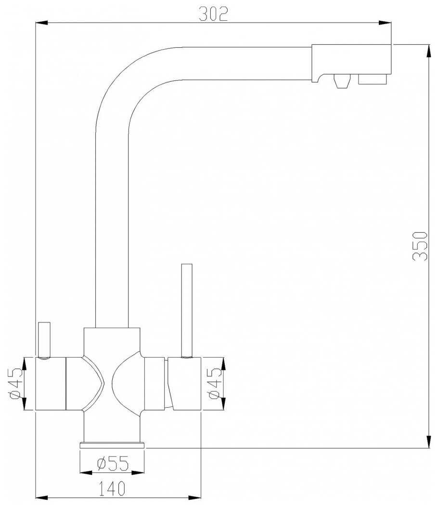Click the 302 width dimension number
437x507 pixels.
click(213, 14)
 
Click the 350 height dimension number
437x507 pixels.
click(420, 246)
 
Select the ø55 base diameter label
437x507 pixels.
click(112, 464)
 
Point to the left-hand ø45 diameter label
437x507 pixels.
click(14, 384)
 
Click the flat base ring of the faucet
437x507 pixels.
click(112, 445)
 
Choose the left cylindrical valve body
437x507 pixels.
click(51, 384)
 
